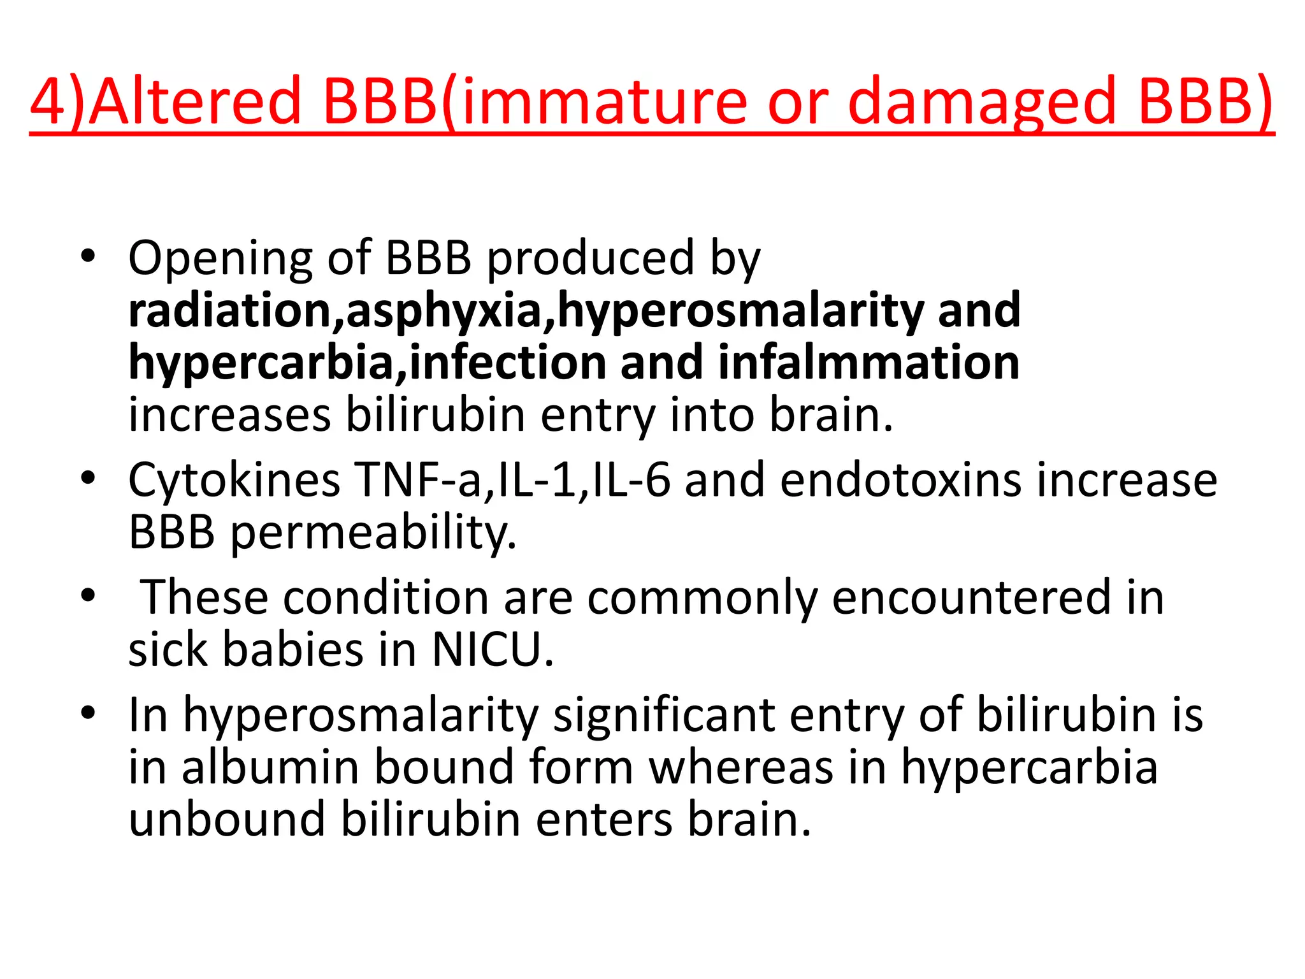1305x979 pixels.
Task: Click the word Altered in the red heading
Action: tap(194, 101)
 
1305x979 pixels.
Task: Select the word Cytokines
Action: tap(234, 481)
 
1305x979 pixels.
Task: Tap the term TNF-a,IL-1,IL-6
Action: tap(513, 479)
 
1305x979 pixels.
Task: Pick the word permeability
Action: tap(373, 533)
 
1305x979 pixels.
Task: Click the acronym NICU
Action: tap(493, 650)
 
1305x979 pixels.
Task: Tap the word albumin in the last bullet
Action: tap(270, 767)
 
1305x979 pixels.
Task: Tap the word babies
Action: tap(292, 650)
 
